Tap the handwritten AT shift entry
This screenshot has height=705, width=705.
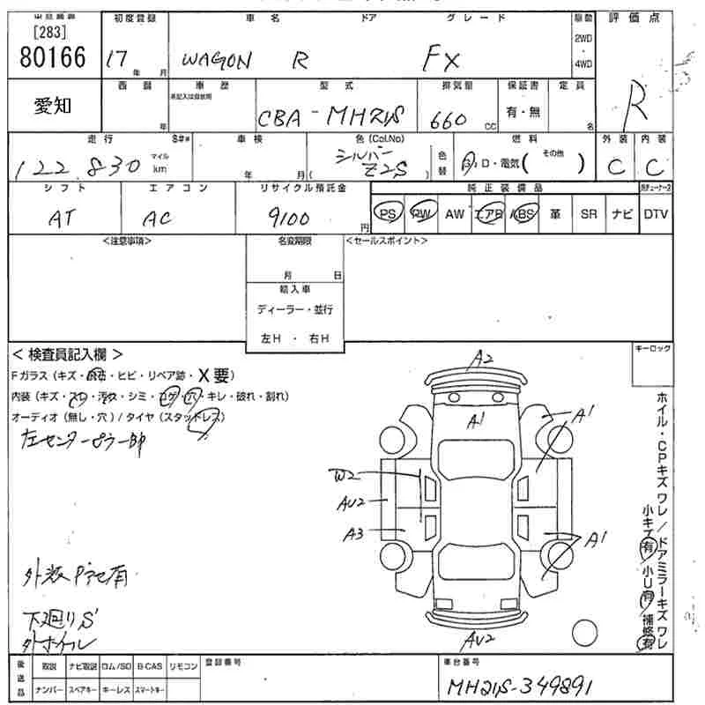(63, 218)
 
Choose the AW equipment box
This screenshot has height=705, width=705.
(455, 214)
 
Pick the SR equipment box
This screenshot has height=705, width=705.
(589, 214)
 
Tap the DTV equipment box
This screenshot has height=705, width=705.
(655, 214)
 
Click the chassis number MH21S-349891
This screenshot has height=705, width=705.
(525, 686)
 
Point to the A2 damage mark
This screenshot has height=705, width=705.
(482, 358)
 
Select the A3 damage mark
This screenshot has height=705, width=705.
(354, 532)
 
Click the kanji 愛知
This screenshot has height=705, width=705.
(54, 106)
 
